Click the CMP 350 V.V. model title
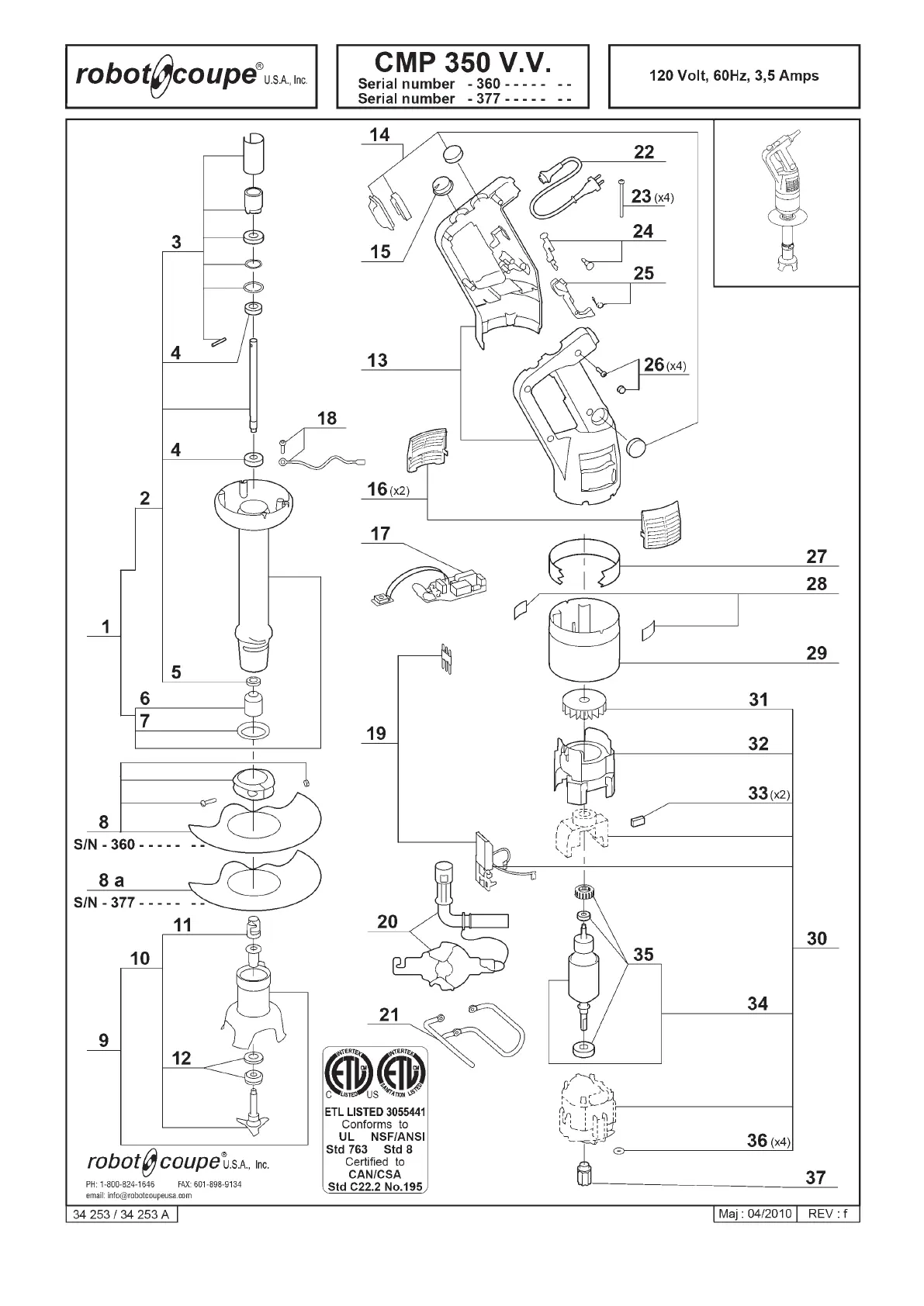[462, 61]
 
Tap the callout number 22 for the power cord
[644, 152]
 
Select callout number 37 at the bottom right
[815, 1177]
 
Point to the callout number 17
[380, 534]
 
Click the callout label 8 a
[112, 880]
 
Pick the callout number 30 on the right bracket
[817, 938]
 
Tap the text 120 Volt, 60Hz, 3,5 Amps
[733, 76]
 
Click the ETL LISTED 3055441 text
[375, 1111]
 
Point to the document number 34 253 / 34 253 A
[121, 1214]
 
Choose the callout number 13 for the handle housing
[377, 361]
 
